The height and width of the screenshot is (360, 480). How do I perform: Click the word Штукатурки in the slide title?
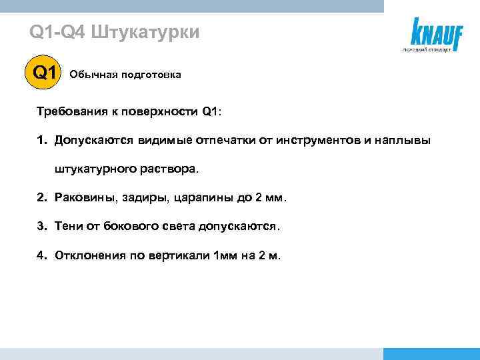click(x=144, y=32)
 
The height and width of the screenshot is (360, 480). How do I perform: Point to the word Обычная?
click(x=92, y=75)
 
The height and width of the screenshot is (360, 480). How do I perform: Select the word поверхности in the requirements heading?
click(x=168, y=111)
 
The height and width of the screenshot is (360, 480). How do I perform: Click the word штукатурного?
click(x=96, y=169)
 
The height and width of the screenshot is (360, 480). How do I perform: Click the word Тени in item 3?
click(x=69, y=226)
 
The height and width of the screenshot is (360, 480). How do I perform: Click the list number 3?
click(x=41, y=226)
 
